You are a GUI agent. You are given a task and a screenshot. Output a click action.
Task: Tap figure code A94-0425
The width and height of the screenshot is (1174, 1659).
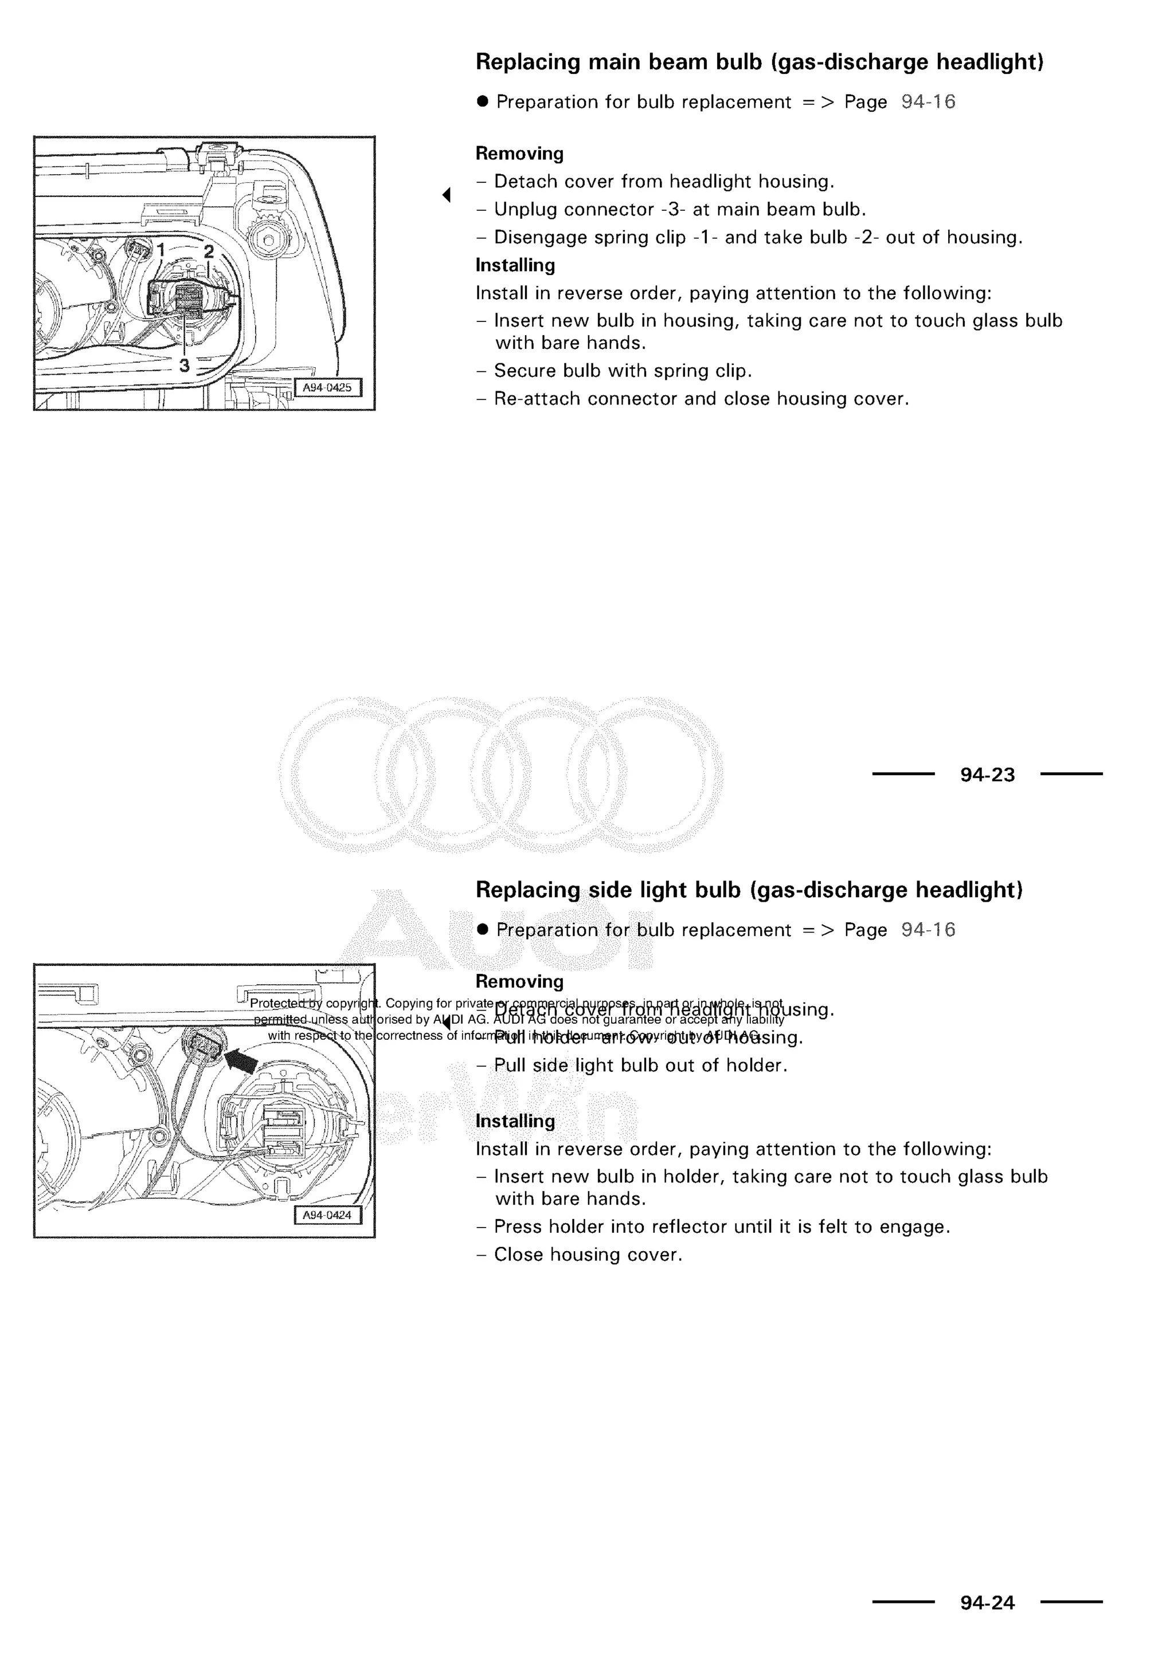327,387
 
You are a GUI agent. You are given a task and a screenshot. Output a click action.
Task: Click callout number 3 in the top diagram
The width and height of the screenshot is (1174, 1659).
185,365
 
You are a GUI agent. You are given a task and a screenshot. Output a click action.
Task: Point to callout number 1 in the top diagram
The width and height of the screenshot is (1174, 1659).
162,250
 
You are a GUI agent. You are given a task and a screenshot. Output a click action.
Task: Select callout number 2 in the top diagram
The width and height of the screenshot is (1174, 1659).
208,251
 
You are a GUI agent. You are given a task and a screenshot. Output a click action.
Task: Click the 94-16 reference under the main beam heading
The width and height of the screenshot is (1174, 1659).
928,102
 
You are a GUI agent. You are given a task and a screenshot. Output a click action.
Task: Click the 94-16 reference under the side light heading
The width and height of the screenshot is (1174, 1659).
928,930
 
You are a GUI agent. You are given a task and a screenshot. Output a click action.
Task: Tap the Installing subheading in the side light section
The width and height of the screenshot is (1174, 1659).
515,1121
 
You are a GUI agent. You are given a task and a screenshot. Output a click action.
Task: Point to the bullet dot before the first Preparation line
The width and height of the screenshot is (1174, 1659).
483,101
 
